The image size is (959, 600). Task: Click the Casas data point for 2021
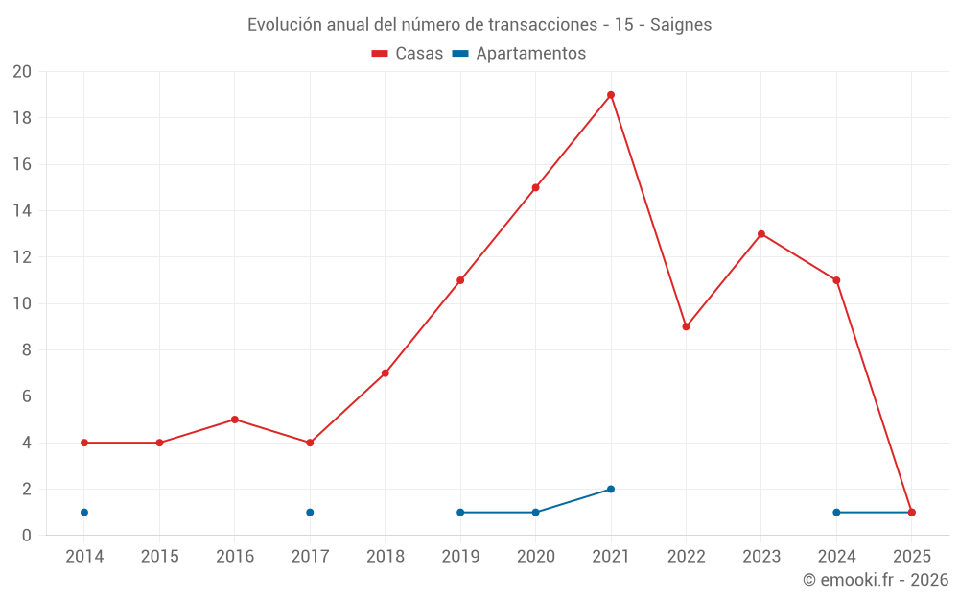611,95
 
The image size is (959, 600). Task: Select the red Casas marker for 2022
686,326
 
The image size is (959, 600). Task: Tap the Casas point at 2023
761,234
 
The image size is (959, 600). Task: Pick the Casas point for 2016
235,420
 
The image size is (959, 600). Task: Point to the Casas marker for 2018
385,373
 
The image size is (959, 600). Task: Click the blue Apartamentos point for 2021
611,490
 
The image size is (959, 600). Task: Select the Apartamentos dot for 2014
84,513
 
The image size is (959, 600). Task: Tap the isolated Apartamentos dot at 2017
310,513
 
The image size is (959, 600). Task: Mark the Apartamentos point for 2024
836,513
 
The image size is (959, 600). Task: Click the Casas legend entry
408,54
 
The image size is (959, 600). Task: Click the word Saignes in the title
681,25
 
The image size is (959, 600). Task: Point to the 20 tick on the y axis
22,72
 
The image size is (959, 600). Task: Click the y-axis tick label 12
22,257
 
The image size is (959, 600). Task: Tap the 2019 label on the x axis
460,557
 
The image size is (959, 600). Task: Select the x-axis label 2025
912,557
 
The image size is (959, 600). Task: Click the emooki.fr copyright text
876,580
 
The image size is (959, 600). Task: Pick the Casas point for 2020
535,188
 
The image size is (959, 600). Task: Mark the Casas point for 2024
836,280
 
